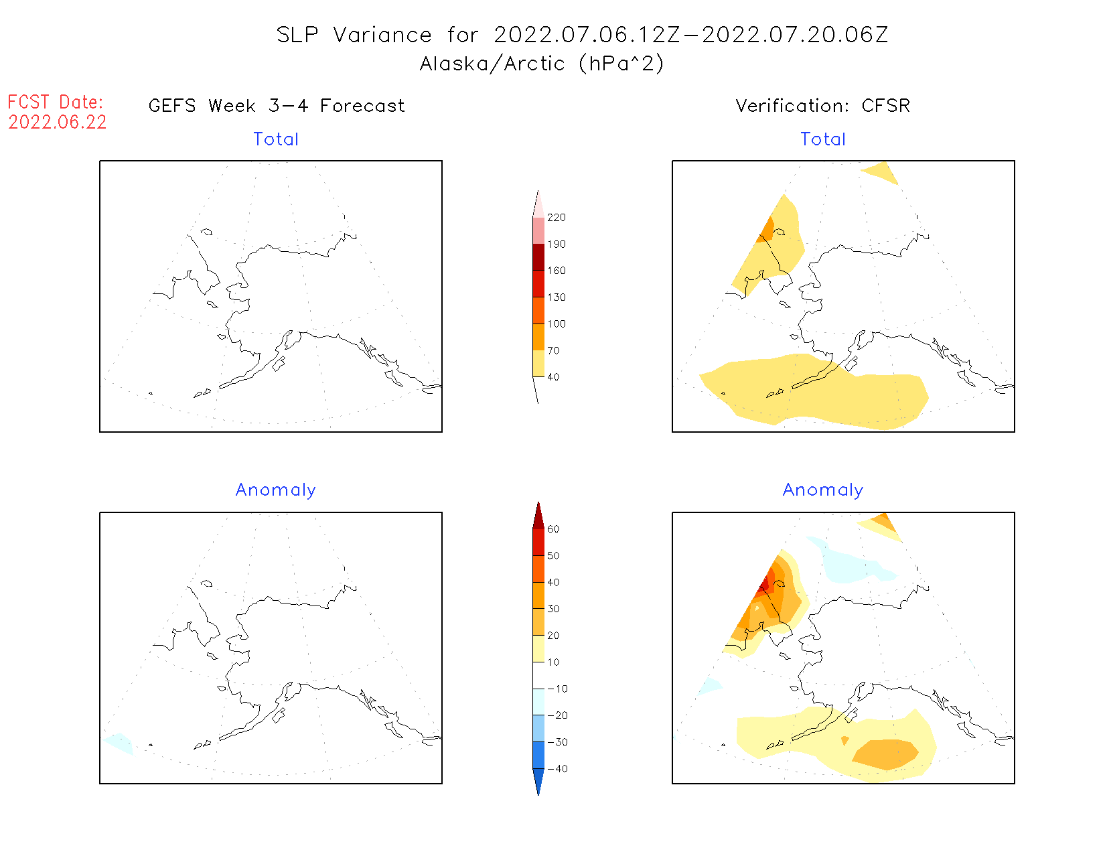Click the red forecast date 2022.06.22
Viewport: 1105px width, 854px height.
(x=58, y=123)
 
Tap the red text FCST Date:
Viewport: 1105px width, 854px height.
(x=56, y=102)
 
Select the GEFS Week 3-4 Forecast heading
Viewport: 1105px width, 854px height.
(x=277, y=106)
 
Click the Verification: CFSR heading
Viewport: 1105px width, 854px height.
(x=822, y=106)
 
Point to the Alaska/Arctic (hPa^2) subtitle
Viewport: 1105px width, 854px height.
(x=542, y=64)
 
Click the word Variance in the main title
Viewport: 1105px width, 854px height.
(x=382, y=35)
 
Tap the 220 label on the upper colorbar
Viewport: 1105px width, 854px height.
(x=557, y=218)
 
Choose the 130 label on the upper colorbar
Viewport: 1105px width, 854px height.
(x=557, y=297)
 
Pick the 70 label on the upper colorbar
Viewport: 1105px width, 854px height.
(x=553, y=350)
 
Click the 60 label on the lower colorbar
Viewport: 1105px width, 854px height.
(x=553, y=529)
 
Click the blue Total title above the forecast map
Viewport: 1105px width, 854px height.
(x=276, y=139)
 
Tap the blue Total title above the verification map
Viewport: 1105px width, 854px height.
(x=823, y=139)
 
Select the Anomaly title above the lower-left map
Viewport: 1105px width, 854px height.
(x=276, y=490)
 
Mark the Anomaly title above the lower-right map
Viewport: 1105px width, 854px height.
(x=823, y=490)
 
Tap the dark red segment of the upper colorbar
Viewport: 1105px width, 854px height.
(x=538, y=257)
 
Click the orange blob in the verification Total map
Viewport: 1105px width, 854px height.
(x=767, y=229)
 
